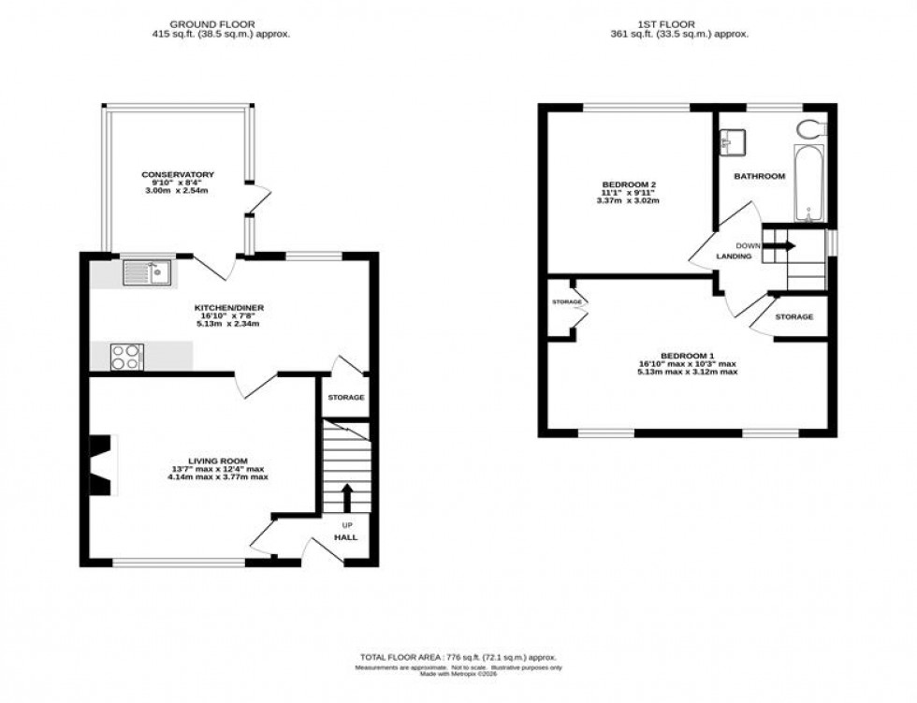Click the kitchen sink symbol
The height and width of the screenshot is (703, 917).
coord(144,272)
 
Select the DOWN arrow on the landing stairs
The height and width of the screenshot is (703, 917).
coord(782,246)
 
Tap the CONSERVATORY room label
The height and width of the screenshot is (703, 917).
coord(178,174)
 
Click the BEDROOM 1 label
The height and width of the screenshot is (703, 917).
coord(688,355)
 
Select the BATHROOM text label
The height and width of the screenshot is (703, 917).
coord(759,176)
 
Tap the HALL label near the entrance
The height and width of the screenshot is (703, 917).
coord(346,537)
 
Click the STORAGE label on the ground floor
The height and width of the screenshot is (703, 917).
coord(345,398)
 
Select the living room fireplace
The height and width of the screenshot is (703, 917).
coord(101,465)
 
